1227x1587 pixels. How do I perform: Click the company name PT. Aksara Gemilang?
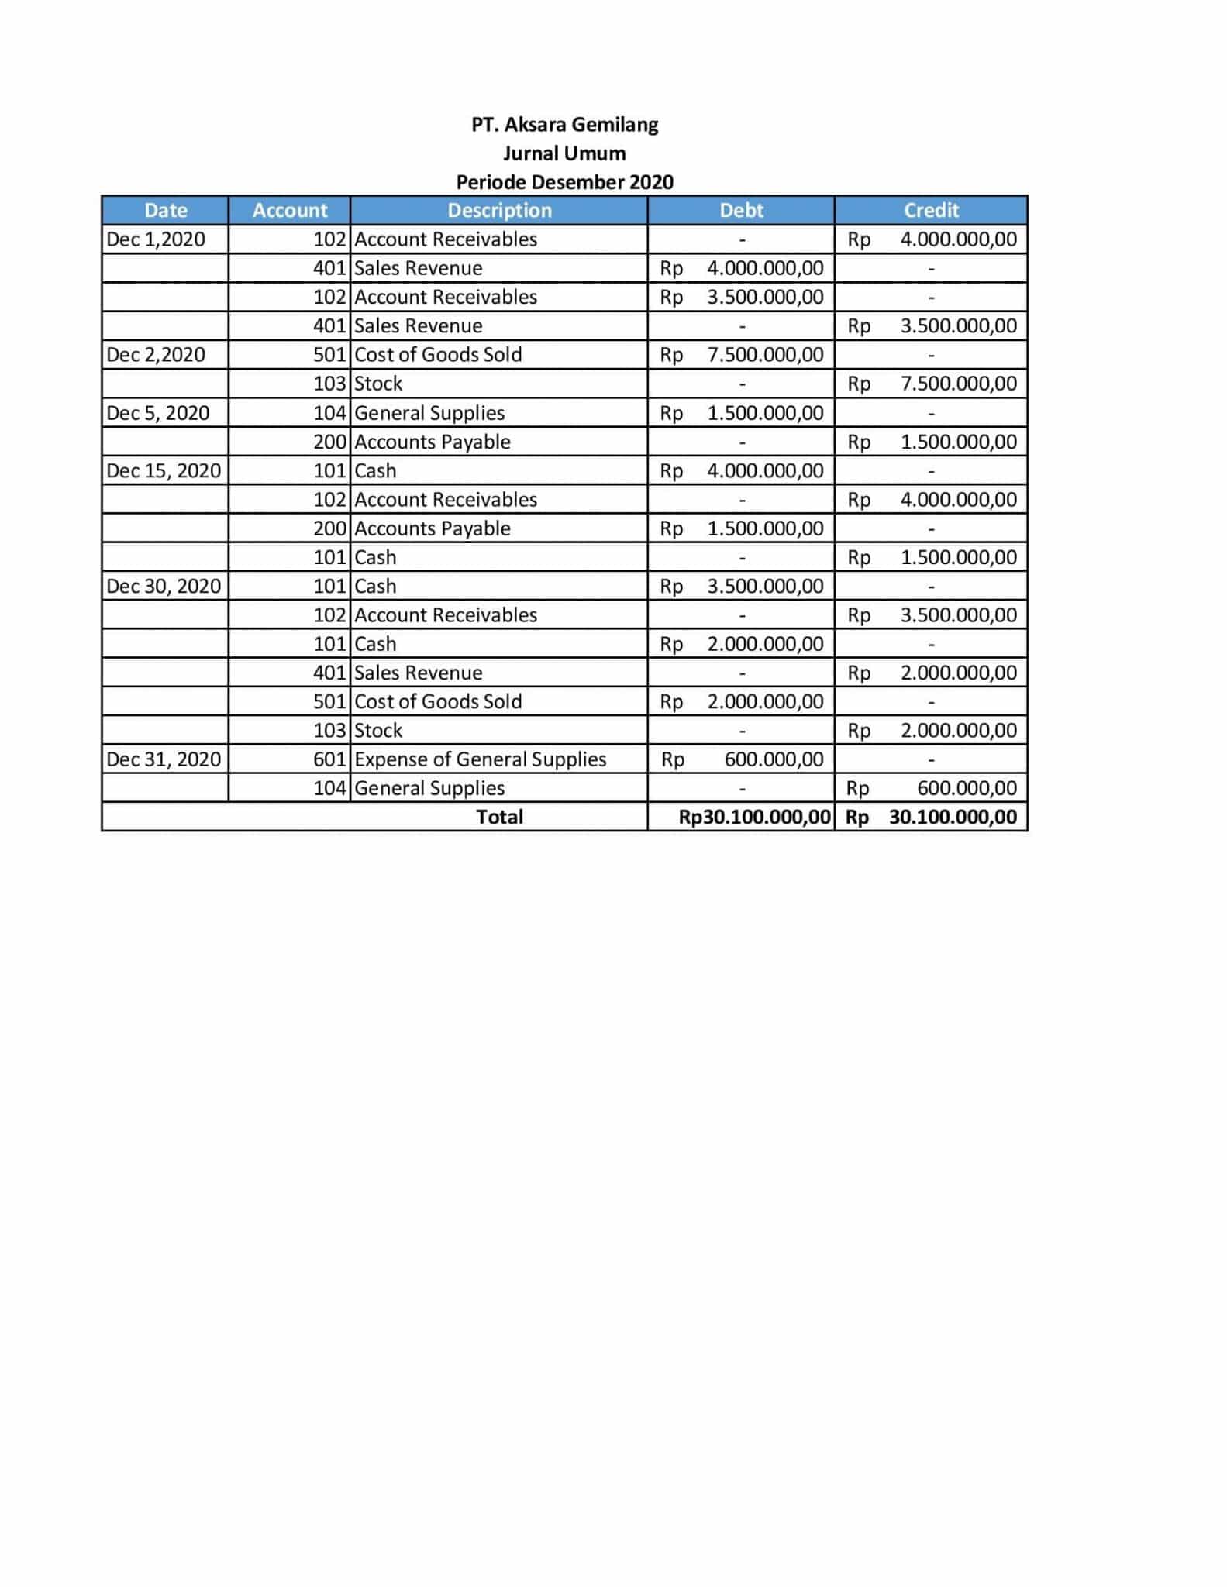pos(564,125)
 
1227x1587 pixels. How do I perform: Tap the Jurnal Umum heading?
pos(564,153)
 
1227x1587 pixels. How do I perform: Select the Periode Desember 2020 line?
pos(564,182)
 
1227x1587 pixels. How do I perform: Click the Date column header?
pos(166,210)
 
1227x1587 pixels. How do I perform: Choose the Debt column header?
pos(741,210)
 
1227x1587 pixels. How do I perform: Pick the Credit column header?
pos(931,210)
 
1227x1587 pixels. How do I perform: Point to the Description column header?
pos(499,210)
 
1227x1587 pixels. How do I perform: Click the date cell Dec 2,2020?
pos(156,355)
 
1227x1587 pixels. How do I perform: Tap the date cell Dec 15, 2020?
pos(164,470)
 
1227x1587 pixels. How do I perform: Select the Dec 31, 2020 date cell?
pos(164,759)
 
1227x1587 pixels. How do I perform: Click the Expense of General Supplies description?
pos(480,759)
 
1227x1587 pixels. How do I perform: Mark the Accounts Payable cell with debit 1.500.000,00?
pos(433,528)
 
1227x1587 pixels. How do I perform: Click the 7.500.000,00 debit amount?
pos(765,355)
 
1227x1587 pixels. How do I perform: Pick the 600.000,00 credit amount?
pos(967,788)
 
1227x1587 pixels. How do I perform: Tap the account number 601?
pos(329,759)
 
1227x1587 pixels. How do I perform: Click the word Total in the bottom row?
pos(499,817)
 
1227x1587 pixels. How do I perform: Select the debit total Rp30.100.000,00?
pos(754,817)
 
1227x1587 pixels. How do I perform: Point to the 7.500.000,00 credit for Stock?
pos(958,384)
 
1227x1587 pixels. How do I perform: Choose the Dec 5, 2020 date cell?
pos(158,413)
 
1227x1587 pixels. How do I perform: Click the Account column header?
pos(290,210)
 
